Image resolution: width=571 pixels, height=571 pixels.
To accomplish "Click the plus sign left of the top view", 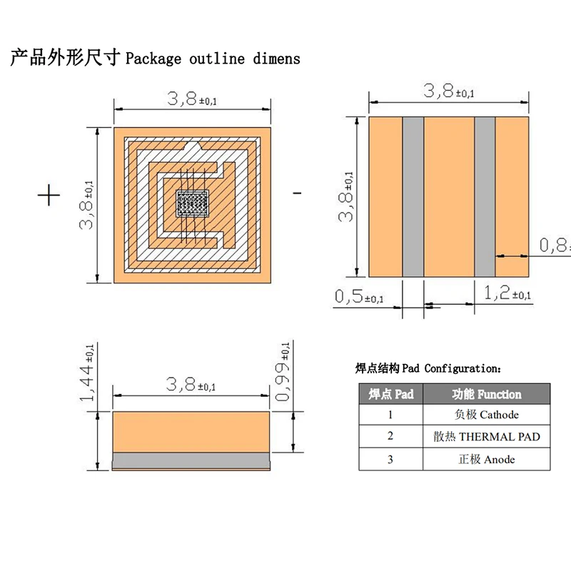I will coord(49,195).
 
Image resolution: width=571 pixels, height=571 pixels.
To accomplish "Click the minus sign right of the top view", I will coord(297,193).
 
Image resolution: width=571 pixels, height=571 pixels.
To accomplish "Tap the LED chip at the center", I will coord(191,203).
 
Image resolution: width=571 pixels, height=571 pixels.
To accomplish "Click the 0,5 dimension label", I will coord(358,296).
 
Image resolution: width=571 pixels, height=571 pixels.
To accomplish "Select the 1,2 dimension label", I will coord(507,293).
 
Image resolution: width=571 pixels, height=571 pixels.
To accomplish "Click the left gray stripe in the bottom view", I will coord(413,197).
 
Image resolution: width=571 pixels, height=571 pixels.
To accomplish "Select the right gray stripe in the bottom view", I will coord(485,197).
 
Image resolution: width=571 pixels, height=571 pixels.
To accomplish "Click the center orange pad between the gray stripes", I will coord(449,197).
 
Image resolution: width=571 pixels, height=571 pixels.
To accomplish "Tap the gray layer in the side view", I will coord(191,458).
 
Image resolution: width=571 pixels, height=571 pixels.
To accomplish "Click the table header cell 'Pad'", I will coord(390,394).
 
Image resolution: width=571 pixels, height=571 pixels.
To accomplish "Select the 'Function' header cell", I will coord(487,394).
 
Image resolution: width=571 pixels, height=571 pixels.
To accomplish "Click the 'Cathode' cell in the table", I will coord(487,415).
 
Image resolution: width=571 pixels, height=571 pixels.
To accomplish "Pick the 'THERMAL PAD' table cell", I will coord(487,437).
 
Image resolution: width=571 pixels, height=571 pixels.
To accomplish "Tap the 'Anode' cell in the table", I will coord(487,459).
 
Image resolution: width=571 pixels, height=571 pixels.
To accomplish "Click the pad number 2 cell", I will coord(390,437).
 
